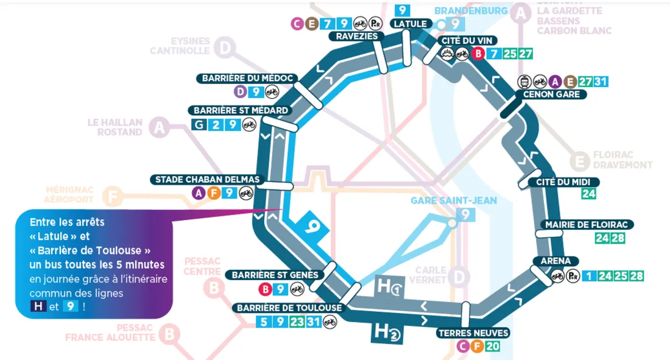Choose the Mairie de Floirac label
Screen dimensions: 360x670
click(x=587, y=225)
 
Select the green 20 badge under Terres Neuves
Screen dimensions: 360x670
click(x=493, y=347)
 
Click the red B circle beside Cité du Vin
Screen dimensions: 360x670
click(x=479, y=54)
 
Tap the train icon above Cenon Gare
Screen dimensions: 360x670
click(x=523, y=82)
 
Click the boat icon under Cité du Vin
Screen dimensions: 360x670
click(x=446, y=54)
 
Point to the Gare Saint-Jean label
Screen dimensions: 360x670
click(x=453, y=200)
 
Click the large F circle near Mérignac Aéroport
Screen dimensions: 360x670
click(x=111, y=197)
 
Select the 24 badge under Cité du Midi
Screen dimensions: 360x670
click(x=588, y=195)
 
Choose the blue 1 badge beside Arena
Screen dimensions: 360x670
click(x=588, y=275)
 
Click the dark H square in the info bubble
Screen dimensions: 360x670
click(x=38, y=306)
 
